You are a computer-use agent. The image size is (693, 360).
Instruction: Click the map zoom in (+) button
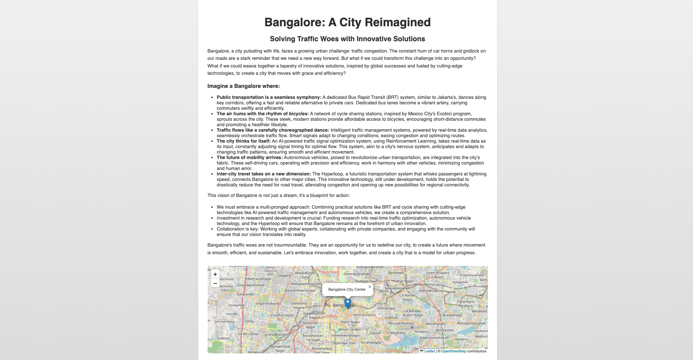tap(215, 274)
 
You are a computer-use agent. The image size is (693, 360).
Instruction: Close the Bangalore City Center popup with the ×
tap(370, 287)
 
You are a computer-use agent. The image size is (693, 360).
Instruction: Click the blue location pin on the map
tap(348, 303)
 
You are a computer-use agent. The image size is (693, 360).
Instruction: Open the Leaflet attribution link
tap(429, 351)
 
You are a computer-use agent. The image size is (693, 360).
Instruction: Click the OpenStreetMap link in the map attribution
tap(453, 351)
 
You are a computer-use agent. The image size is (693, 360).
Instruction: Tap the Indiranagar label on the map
tap(386, 308)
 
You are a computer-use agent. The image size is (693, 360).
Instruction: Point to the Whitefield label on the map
tap(479, 311)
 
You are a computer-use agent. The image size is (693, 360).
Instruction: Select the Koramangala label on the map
tap(371, 342)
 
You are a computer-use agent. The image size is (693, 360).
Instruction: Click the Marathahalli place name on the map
tap(436, 324)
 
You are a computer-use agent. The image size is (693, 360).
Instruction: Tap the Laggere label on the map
tap(285, 276)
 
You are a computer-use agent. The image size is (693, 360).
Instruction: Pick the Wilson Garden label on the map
tap(349, 329)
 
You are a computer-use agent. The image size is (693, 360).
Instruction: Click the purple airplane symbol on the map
tap(412, 327)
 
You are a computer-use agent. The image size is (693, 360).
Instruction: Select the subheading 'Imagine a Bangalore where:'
tap(243, 86)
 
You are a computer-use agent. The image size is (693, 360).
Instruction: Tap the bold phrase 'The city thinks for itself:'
tap(243, 141)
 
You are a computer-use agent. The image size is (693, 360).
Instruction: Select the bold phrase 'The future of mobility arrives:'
tap(249, 158)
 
